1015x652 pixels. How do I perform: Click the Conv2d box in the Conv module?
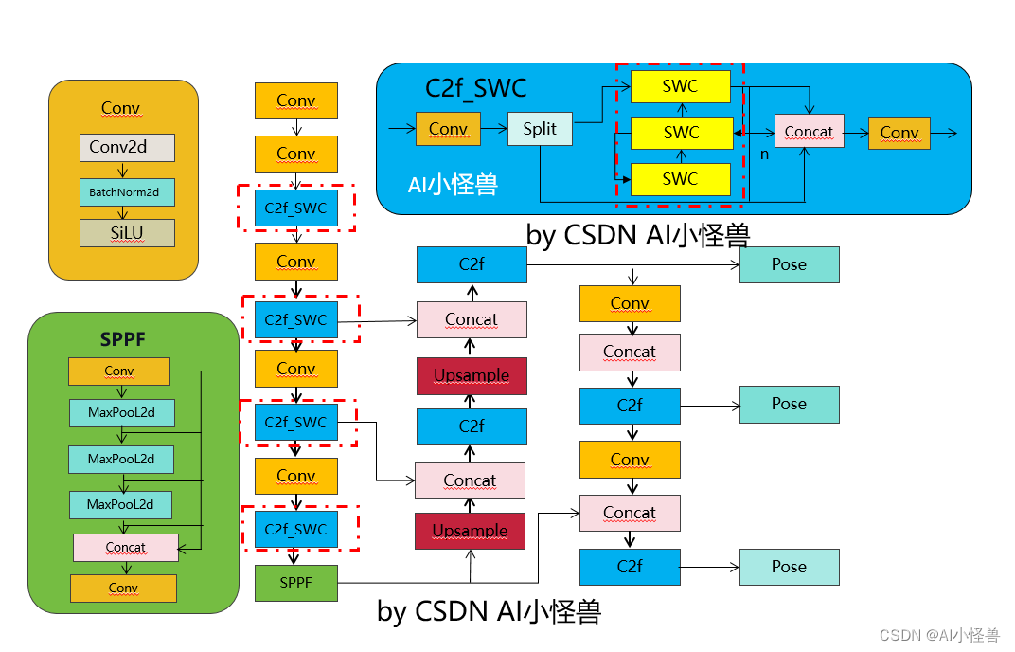(x=127, y=147)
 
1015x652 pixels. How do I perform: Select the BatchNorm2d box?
(x=127, y=192)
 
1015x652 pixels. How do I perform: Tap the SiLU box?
(x=127, y=233)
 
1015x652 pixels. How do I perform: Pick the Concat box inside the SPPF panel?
(x=126, y=547)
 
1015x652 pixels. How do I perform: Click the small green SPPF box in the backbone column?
(x=295, y=583)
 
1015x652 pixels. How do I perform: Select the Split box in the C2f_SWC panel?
(x=540, y=129)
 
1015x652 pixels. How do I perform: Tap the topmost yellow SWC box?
(x=680, y=86)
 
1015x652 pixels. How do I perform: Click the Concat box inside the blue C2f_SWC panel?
(x=809, y=132)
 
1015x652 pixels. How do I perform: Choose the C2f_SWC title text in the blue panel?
(x=475, y=89)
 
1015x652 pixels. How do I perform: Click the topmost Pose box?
(x=789, y=264)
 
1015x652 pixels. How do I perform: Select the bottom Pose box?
(x=789, y=567)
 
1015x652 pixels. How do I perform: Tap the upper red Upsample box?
(x=472, y=375)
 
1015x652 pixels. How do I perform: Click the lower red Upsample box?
(x=470, y=531)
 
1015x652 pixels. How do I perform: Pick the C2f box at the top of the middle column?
(x=472, y=264)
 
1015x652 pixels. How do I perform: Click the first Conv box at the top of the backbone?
(x=295, y=100)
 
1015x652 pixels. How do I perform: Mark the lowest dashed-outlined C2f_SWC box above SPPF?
(x=295, y=530)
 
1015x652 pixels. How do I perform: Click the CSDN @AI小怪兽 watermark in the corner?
(x=939, y=635)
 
